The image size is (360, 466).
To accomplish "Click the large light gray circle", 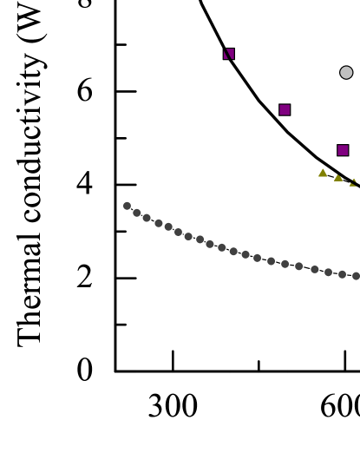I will pyautogui.click(x=346, y=73).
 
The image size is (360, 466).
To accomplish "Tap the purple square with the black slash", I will pyautogui.click(x=229, y=54).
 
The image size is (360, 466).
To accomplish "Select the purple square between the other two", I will pyautogui.click(x=285, y=110).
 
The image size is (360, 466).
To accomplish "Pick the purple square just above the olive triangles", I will pyautogui.click(x=343, y=150).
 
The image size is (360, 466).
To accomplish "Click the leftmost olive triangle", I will pyautogui.click(x=323, y=174).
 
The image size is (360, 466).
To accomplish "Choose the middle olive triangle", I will pyautogui.click(x=338, y=178).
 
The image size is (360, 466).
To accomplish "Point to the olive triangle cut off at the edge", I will pyautogui.click(x=353, y=183).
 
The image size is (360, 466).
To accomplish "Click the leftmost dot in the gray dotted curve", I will pyautogui.click(x=127, y=206).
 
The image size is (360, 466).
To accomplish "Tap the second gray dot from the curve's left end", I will pyautogui.click(x=137, y=213).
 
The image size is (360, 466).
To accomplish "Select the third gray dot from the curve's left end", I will pyautogui.click(x=147, y=218).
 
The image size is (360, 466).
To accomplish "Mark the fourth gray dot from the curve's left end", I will pyautogui.click(x=158, y=223).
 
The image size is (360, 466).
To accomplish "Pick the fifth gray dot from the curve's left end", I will pyautogui.click(x=168, y=227).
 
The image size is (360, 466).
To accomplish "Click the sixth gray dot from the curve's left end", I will pyautogui.click(x=178, y=232).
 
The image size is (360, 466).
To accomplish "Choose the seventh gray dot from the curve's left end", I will pyautogui.click(x=188, y=236).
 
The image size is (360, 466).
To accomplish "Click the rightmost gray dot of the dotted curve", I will pyautogui.click(x=356, y=276).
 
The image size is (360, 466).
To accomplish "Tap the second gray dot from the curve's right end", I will pyautogui.click(x=342, y=274).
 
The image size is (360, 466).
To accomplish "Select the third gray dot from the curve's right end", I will pyautogui.click(x=328, y=272).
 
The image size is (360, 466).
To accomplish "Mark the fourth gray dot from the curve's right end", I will pyautogui.click(x=314, y=270).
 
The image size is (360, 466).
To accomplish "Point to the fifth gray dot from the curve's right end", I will pyautogui.click(x=298, y=266).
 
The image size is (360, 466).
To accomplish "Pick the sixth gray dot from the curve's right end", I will pyautogui.click(x=285, y=264).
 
